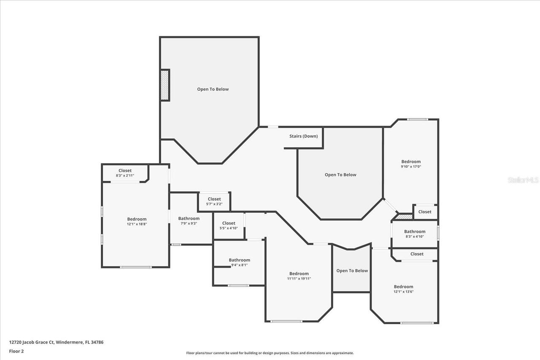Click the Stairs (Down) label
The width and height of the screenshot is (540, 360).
pyautogui.click(x=303, y=136)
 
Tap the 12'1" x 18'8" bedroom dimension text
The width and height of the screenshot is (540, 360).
pyautogui.click(x=137, y=224)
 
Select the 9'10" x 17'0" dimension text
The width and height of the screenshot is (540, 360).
pyautogui.click(x=411, y=167)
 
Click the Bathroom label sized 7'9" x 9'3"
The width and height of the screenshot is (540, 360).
pyautogui.click(x=189, y=218)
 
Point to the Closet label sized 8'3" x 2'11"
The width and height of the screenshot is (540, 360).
pyautogui.click(x=125, y=171)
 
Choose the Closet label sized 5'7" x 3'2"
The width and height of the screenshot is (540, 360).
pyautogui.click(x=214, y=199)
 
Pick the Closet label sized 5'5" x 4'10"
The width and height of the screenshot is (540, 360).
pyautogui.click(x=229, y=223)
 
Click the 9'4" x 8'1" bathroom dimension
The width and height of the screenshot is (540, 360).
pyautogui.click(x=240, y=265)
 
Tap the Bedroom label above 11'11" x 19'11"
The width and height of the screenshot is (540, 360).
pyautogui.click(x=299, y=274)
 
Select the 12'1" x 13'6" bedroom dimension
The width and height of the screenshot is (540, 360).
pyautogui.click(x=404, y=292)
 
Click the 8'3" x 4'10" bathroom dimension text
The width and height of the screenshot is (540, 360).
pyautogui.click(x=415, y=236)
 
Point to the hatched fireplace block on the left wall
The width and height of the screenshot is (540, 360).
pyautogui.click(x=165, y=85)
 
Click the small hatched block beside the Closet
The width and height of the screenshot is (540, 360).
pyautogui.click(x=404, y=217)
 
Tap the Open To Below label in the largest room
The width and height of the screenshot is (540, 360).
pyautogui.click(x=213, y=89)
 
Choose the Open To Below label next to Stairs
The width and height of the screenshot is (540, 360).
pyautogui.click(x=340, y=175)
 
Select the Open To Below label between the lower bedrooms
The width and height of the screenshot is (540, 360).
pyautogui.click(x=352, y=271)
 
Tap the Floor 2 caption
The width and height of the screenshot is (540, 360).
pyautogui.click(x=16, y=351)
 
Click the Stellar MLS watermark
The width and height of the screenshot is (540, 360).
pyautogui.click(x=523, y=180)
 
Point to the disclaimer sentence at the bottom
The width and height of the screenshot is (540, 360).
pyautogui.click(x=270, y=353)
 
